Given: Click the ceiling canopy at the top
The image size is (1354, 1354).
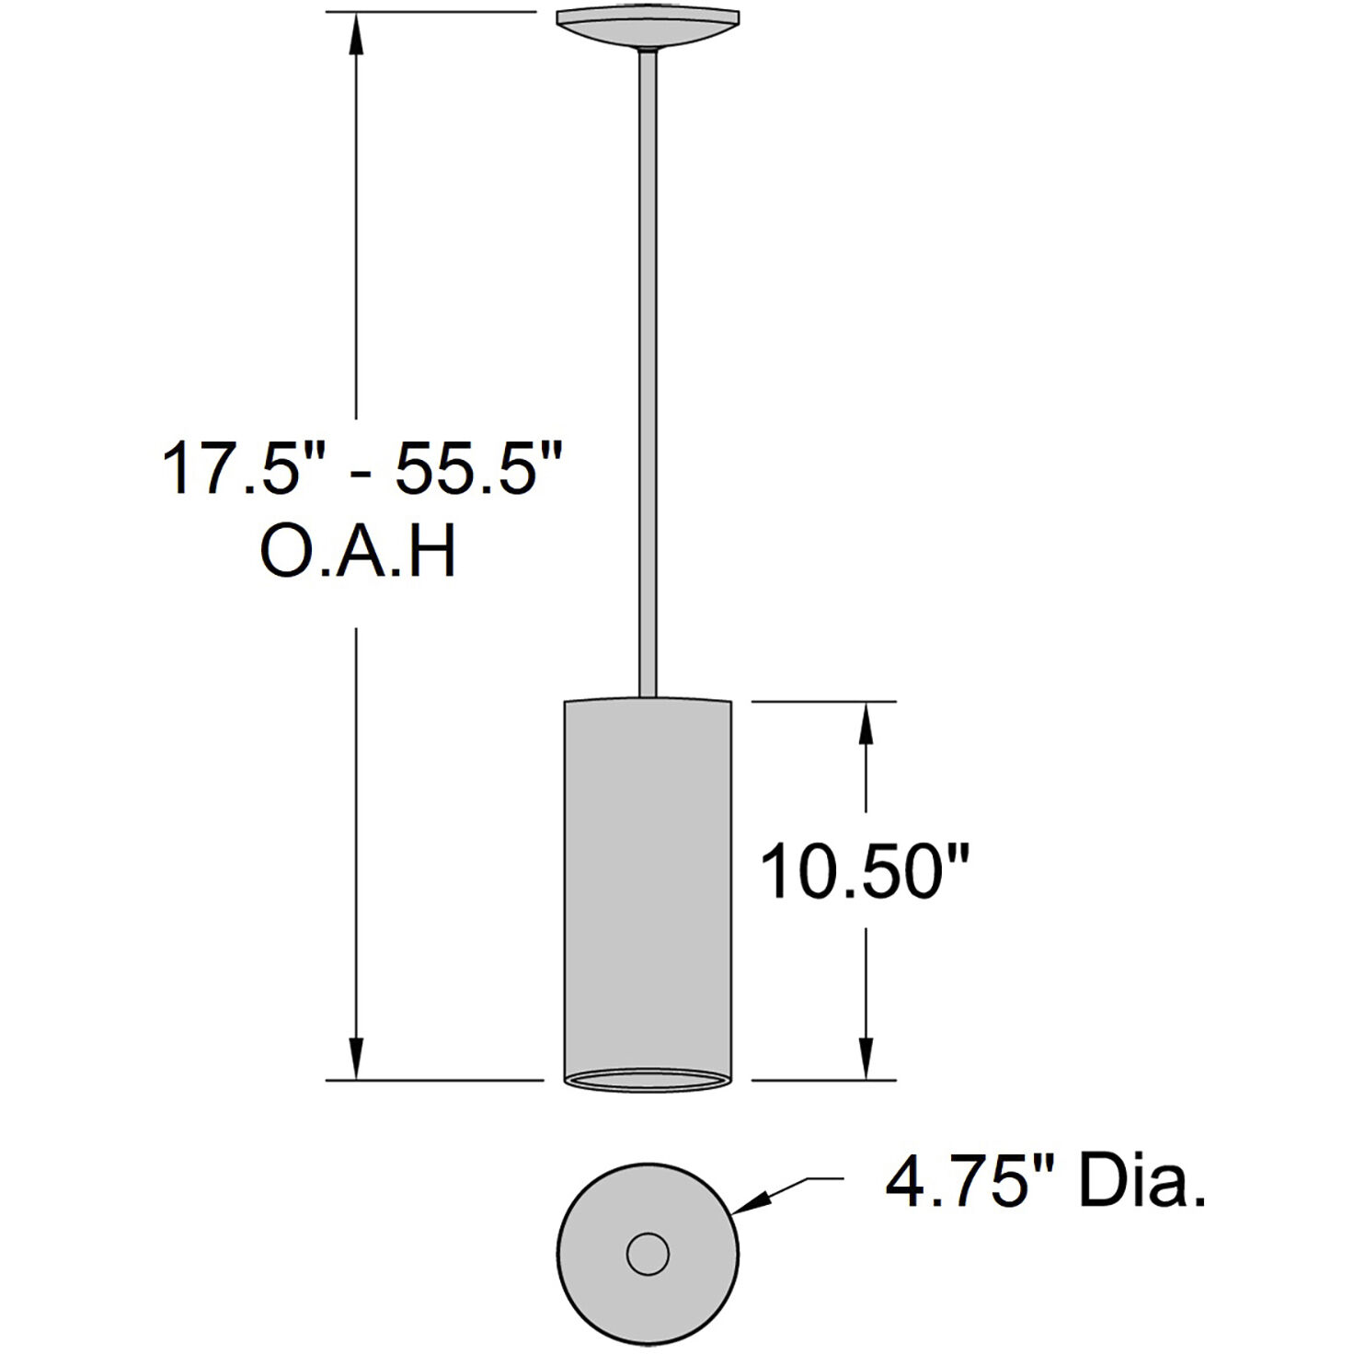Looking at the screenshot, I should [x=648, y=26].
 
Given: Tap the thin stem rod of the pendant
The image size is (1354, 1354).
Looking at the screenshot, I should [x=648, y=368].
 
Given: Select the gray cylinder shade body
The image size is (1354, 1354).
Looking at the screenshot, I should [x=648, y=883].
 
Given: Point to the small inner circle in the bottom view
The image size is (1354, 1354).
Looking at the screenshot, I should [x=648, y=1254].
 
